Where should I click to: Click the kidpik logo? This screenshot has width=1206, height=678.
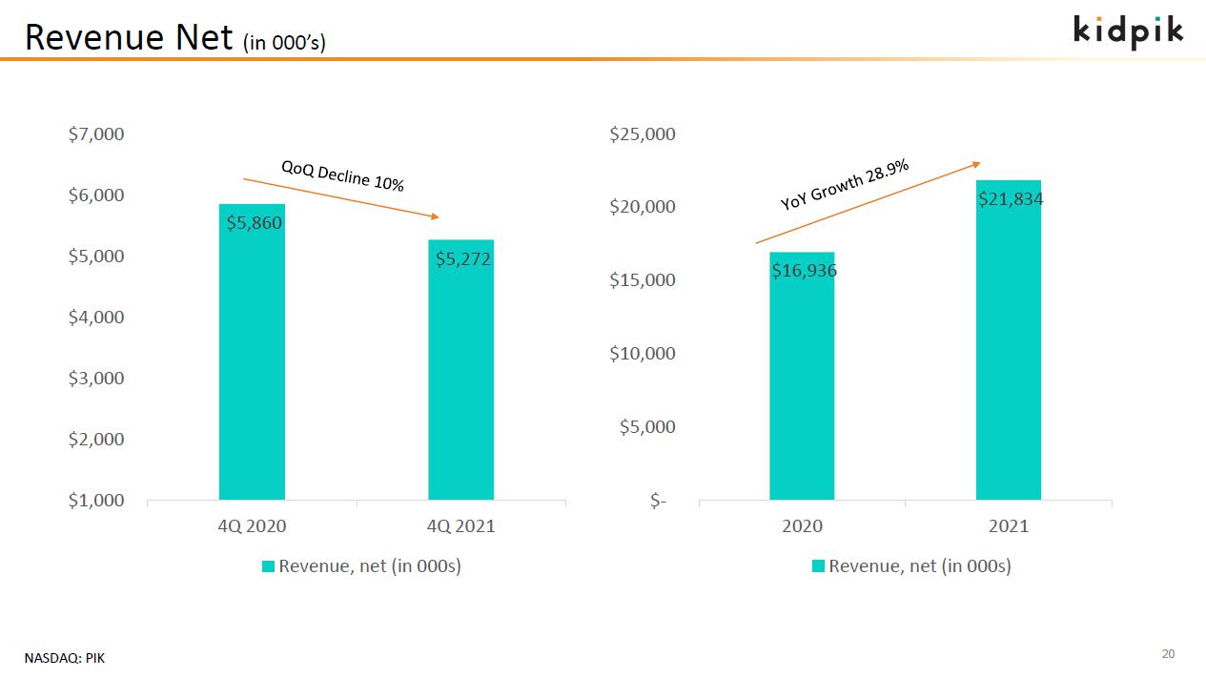pyautogui.click(x=1129, y=31)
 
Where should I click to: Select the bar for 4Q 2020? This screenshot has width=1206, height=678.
pyautogui.click(x=252, y=362)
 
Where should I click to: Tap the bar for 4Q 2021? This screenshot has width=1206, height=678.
pyautogui.click(x=460, y=381)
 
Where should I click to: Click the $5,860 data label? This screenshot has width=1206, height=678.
pyautogui.click(x=255, y=223)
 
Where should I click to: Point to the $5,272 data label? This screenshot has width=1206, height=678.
pyautogui.click(x=463, y=258)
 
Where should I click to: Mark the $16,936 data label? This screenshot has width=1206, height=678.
pyautogui.click(x=804, y=271)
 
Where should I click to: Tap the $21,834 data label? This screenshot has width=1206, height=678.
pyautogui.click(x=1011, y=199)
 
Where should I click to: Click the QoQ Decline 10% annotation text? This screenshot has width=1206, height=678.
pyautogui.click(x=342, y=176)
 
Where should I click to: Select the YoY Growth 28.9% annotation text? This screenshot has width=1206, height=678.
pyautogui.click(x=845, y=185)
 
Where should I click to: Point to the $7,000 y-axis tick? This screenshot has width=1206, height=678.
pyautogui.click(x=96, y=134)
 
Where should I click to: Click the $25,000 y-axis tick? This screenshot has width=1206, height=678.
pyautogui.click(x=643, y=134)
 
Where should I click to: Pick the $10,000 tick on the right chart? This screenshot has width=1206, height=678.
pyautogui.click(x=643, y=354)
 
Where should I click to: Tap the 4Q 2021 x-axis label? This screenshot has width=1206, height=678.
pyautogui.click(x=460, y=526)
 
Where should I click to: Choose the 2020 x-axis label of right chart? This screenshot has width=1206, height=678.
pyautogui.click(x=802, y=526)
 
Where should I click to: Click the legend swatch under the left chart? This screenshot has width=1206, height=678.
pyautogui.click(x=269, y=566)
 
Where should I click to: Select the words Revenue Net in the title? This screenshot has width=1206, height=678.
pyautogui.click(x=129, y=37)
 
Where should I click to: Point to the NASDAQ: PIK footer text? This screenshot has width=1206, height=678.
pyautogui.click(x=65, y=658)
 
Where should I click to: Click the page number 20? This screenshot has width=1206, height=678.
pyautogui.click(x=1168, y=654)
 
